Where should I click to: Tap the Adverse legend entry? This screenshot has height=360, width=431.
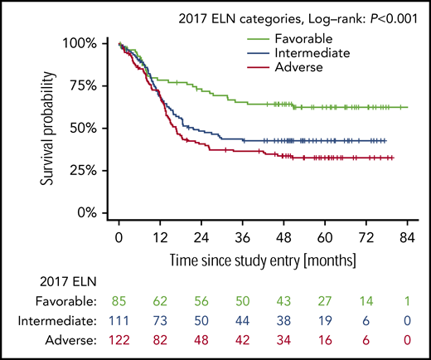[x=302, y=67]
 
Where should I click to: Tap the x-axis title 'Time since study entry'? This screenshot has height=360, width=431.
[x=258, y=260]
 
